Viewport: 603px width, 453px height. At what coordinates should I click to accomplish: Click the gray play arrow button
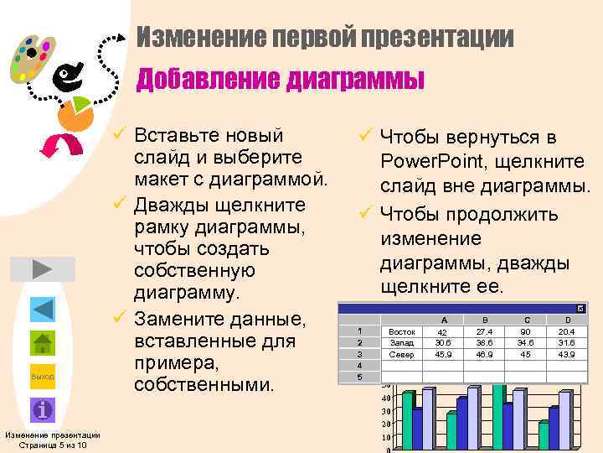coord(42,269)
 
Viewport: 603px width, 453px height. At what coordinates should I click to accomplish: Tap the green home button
coord(42,344)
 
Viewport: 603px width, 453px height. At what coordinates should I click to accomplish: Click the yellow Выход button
coord(42,377)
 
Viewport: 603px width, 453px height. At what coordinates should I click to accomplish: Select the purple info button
coord(42,410)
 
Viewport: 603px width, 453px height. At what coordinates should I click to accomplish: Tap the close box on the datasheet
coord(581,309)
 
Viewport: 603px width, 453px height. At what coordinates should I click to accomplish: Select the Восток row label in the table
coord(402,331)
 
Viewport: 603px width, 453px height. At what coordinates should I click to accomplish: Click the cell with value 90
coord(527,331)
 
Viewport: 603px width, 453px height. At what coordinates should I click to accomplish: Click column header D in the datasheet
coord(569,320)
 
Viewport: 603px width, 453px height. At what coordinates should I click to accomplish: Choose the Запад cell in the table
coord(402,343)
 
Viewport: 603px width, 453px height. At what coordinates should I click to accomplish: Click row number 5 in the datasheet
coord(358,377)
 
